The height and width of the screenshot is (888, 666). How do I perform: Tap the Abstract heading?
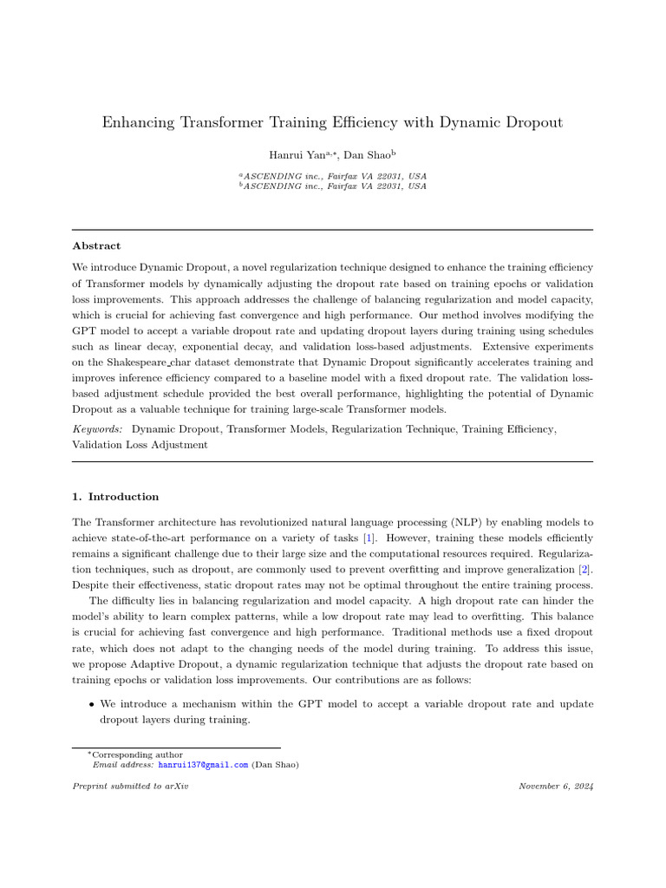pos(96,246)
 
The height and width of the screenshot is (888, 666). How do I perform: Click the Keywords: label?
pos(97,428)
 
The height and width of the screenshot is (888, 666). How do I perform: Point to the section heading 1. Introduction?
pos(115,497)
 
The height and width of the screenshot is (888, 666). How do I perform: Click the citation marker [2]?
pos(586,569)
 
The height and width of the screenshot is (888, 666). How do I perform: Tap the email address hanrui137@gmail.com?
pos(203,765)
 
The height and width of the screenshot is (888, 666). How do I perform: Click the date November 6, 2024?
pos(556,786)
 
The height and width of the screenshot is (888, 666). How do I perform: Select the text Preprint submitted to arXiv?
pos(130,786)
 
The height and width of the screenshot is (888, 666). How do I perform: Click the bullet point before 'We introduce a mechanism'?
pos(91,704)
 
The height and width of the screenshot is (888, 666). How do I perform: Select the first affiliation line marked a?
pos(333,175)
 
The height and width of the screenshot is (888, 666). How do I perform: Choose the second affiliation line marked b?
pos(333,186)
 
